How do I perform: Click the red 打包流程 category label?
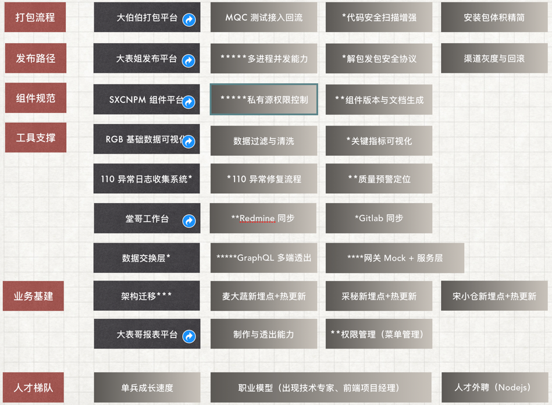pyautogui.click(x=35, y=17)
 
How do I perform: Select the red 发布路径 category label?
pyautogui.click(x=35, y=58)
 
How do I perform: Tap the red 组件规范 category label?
pyautogui.click(x=35, y=98)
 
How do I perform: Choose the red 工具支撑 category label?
pyautogui.click(x=35, y=138)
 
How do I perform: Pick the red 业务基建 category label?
pyautogui.click(x=33, y=296)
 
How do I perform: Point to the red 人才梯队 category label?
pyautogui.click(x=33, y=387)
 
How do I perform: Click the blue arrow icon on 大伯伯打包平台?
pyautogui.click(x=189, y=20)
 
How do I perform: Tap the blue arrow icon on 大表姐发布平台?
pyautogui.click(x=188, y=61)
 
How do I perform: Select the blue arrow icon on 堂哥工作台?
pyautogui.click(x=189, y=221)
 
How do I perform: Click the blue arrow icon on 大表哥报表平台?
pyautogui.click(x=189, y=336)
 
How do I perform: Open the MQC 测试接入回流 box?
pyautogui.click(x=263, y=17)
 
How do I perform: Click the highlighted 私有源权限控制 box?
pyautogui.click(x=263, y=100)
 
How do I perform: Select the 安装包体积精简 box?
pyautogui.click(x=494, y=17)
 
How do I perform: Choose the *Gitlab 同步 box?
pyautogui.click(x=379, y=218)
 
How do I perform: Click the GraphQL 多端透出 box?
pyautogui.click(x=263, y=258)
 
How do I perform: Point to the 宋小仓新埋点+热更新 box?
pyautogui.click(x=494, y=296)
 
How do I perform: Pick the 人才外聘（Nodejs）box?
pyautogui.click(x=494, y=387)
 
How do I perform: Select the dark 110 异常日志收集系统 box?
pyautogui.click(x=147, y=179)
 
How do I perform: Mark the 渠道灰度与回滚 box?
pyautogui.click(x=494, y=58)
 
